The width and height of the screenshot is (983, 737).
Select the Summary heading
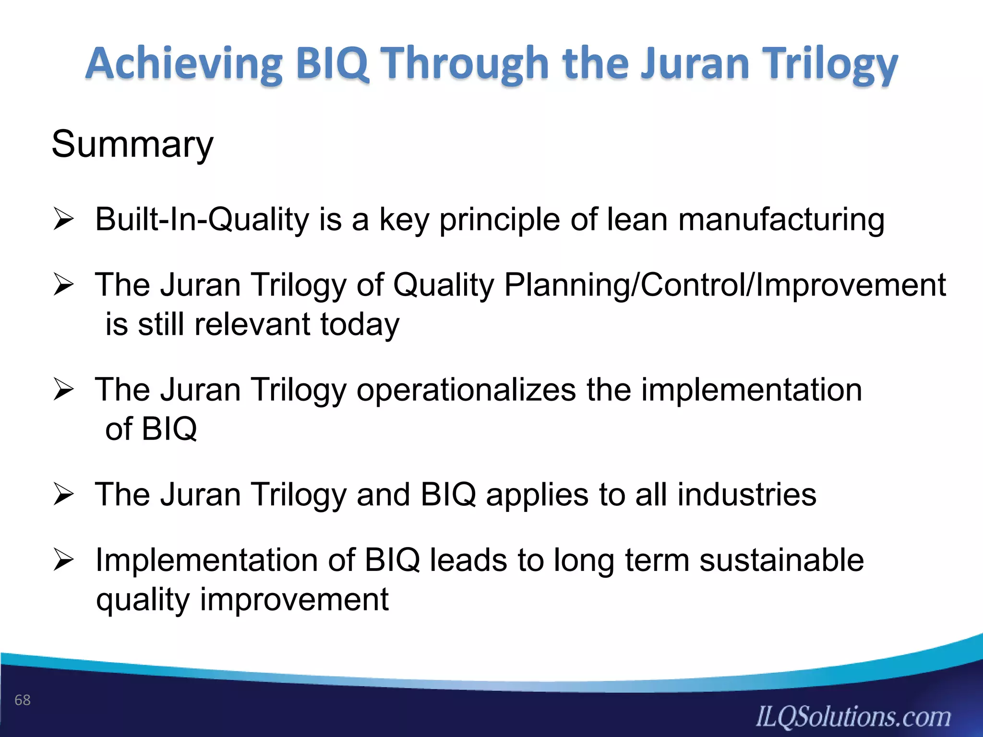132,144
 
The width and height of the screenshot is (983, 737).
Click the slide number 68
23,700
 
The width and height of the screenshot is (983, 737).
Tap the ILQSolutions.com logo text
853,717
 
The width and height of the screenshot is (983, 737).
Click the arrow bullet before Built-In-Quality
63,219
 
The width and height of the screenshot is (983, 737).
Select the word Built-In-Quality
202,219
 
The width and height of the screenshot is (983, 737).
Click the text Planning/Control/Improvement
725,285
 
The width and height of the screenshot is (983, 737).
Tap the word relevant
252,324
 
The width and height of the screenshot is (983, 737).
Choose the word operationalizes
466,390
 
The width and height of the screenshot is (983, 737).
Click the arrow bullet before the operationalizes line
63,390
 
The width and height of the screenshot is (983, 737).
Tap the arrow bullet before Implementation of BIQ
63,560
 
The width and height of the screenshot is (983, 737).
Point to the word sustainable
781,560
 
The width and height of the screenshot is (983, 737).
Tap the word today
360,324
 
